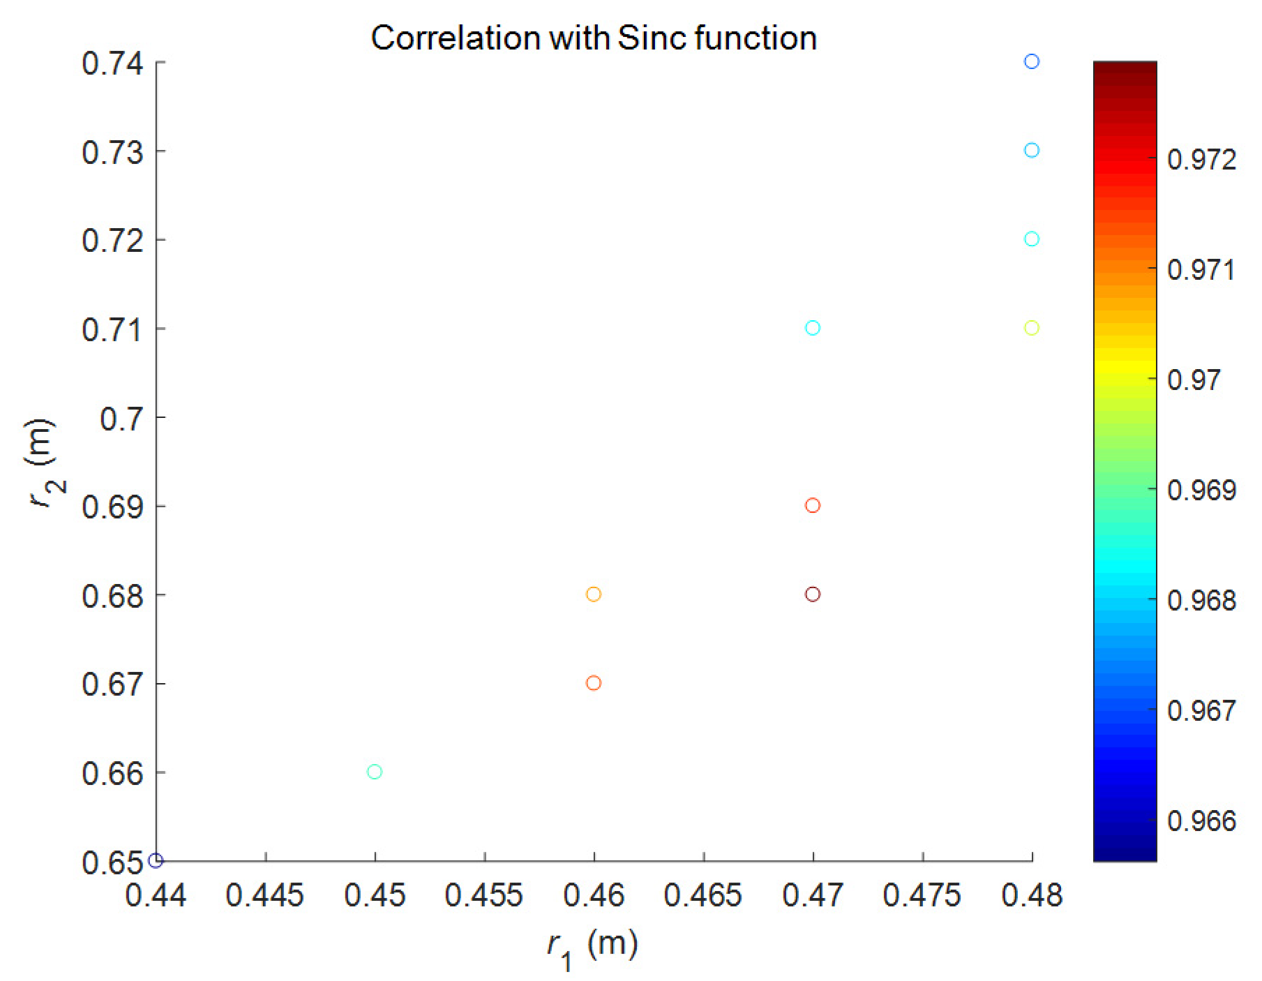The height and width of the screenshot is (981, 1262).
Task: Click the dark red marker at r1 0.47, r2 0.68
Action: (x=812, y=594)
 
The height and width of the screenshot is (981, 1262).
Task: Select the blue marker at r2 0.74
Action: (x=1031, y=61)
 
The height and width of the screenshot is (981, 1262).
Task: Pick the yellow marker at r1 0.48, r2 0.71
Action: (x=1031, y=327)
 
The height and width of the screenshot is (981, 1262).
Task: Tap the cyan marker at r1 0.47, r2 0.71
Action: (x=812, y=327)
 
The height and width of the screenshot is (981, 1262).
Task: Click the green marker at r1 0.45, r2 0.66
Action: (x=374, y=771)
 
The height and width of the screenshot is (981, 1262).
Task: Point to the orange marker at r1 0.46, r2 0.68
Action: (x=593, y=594)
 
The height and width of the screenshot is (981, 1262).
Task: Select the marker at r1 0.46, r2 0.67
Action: (x=593, y=682)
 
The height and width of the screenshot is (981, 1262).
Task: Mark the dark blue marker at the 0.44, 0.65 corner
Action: (x=156, y=860)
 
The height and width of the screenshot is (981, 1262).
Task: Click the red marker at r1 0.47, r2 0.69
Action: (x=812, y=505)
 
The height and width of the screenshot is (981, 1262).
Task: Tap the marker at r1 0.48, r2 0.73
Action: (x=1031, y=150)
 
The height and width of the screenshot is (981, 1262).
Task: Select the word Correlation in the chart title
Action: (x=455, y=38)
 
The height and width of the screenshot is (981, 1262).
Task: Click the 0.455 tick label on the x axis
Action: (x=483, y=895)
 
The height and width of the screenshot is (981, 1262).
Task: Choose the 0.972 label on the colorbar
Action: (x=1201, y=160)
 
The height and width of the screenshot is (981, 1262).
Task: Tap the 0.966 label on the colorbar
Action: (x=1201, y=821)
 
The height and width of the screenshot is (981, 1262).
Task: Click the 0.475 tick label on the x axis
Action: (x=922, y=895)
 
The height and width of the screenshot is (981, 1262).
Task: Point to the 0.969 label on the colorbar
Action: (x=1201, y=490)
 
